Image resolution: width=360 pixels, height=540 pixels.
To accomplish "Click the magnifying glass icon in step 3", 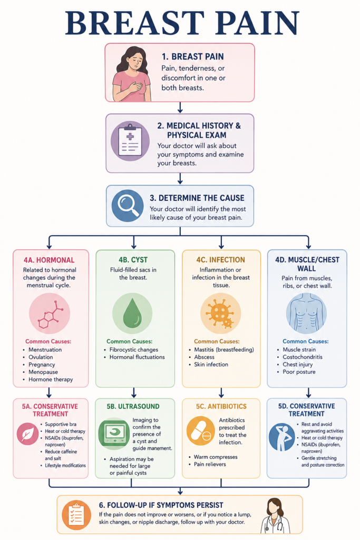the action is (x=128, y=206).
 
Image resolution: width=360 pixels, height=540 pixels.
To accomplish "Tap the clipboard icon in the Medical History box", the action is (x=130, y=141).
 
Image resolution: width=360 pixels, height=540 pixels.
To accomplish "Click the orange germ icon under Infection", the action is (x=221, y=313).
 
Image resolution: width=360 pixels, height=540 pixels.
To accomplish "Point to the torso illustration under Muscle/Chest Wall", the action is (x=306, y=313).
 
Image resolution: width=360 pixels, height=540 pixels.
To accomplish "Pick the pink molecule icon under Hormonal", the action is (x=50, y=313).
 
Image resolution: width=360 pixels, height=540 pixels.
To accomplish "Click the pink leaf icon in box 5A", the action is (x=27, y=434).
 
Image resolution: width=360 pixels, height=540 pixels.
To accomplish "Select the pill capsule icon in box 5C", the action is (x=201, y=431).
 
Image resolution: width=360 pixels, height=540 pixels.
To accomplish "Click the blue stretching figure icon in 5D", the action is (x=282, y=437).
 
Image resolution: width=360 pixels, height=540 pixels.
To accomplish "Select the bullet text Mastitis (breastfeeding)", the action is (x=224, y=350).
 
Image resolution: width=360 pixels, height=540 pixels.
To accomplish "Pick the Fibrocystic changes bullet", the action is (x=134, y=350).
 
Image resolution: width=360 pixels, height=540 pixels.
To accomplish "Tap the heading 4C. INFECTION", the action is (x=221, y=259).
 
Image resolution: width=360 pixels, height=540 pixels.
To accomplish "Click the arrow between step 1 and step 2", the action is (x=180, y=108).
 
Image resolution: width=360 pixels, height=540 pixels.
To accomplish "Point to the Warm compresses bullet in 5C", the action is (x=216, y=457).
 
